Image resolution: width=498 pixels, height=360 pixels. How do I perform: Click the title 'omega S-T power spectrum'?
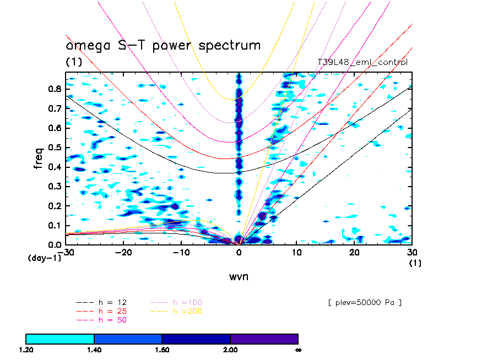163,45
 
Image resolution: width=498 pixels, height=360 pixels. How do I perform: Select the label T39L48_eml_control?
362,62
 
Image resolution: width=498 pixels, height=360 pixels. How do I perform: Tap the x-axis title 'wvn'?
239,276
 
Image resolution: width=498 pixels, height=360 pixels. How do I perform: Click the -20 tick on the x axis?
123,252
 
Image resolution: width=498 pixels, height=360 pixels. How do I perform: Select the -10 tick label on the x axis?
181,252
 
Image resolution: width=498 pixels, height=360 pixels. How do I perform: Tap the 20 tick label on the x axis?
354,252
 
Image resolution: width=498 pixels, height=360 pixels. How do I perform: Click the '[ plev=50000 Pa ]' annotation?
364,302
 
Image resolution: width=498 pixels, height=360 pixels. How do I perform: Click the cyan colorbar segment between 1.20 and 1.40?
60,339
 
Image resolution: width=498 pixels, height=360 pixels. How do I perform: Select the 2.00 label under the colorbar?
230,350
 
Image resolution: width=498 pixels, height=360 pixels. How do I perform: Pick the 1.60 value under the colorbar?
162,350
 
